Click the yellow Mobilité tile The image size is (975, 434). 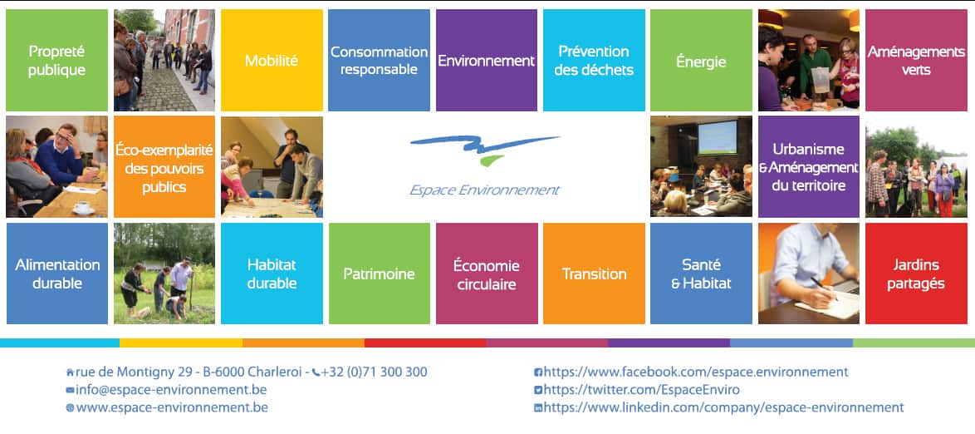click(x=272, y=60)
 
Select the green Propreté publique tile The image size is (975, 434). click(x=56, y=60)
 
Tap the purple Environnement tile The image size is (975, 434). click(x=487, y=60)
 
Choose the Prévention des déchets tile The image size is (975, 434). click(x=594, y=60)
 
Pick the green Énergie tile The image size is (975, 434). click(x=702, y=60)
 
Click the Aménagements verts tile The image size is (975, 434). click(x=917, y=60)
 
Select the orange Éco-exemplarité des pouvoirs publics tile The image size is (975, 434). click(x=164, y=167)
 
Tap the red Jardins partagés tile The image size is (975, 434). click(x=917, y=274)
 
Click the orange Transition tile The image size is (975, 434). click(x=594, y=274)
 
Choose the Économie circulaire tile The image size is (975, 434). click(x=487, y=274)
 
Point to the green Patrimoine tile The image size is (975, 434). click(x=380, y=274)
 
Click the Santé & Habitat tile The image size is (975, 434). click(x=702, y=274)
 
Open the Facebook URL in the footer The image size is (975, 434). click(x=696, y=372)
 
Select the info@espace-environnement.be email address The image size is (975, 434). click(x=171, y=391)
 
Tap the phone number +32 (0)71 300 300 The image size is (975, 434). click(x=375, y=372)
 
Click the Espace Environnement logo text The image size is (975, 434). click(x=484, y=190)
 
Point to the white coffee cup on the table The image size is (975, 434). click(x=81, y=206)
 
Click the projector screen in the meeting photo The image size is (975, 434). click(x=717, y=137)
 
